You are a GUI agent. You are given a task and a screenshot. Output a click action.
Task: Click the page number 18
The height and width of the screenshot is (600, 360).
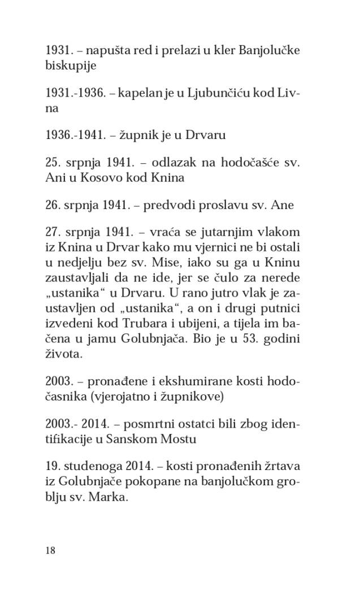click(50, 550)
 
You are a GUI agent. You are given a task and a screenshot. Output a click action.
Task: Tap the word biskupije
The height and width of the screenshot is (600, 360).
click(71, 66)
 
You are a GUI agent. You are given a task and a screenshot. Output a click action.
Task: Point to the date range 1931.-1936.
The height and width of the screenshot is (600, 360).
click(76, 93)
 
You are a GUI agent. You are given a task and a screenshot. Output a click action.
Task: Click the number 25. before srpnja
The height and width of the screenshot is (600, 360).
click(53, 162)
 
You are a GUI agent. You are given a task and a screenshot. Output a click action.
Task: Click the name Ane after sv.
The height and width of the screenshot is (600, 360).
click(283, 205)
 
